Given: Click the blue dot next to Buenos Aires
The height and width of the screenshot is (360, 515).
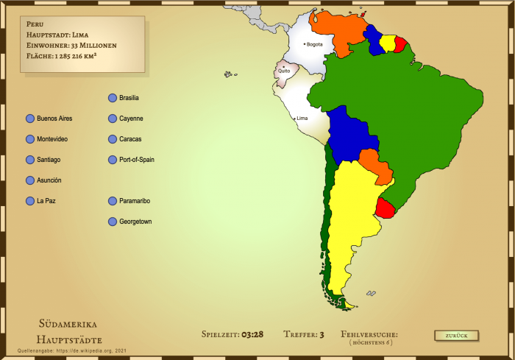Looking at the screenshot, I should coord(29,119).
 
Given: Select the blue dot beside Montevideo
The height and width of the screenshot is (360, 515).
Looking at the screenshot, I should coord(29,139).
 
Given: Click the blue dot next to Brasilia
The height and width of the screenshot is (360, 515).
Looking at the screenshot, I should coord(112,98).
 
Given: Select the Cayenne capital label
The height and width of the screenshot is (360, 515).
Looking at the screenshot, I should coord(131,119).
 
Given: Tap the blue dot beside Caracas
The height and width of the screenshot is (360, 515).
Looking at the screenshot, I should coord(112,139).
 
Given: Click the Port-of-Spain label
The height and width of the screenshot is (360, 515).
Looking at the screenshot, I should coord(136,160).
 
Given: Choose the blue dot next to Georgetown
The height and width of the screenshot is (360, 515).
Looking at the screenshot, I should coord(112,222).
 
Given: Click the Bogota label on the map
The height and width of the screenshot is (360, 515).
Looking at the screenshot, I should coord(315,44).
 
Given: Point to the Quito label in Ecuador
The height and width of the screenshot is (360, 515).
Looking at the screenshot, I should coord(284,71).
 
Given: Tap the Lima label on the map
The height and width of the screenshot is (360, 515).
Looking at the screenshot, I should coord(302,118).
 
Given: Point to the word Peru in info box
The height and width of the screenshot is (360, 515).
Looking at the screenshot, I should coord(35,24).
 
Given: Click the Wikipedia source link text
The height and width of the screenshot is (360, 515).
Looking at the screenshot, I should coord(74,352).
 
